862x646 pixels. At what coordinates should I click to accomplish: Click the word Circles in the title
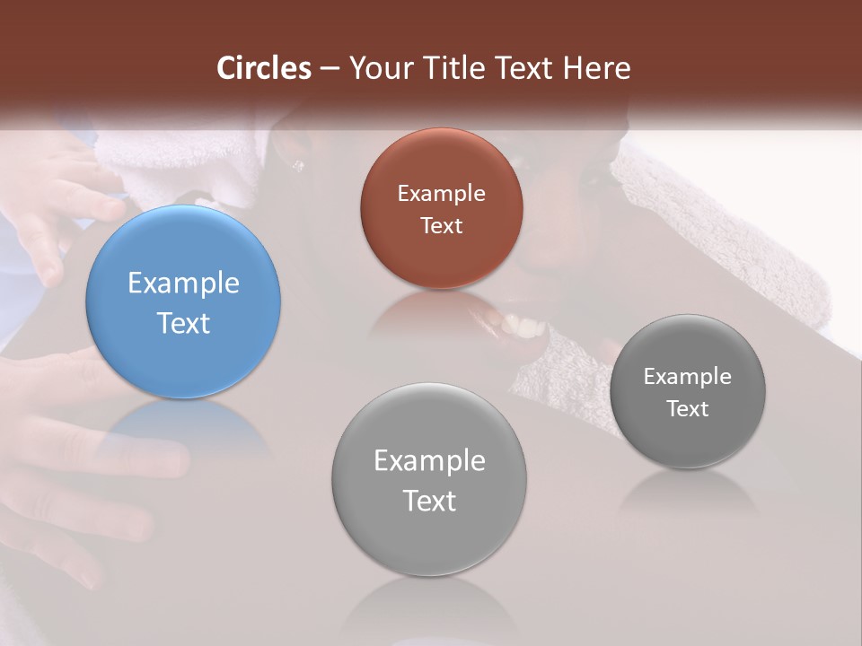pyautogui.click(x=264, y=68)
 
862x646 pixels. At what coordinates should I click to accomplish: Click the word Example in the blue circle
pyautogui.click(x=183, y=283)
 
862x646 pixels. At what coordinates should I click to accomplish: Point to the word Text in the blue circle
pyautogui.click(x=183, y=323)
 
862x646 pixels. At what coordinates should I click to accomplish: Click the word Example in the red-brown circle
pyautogui.click(x=441, y=193)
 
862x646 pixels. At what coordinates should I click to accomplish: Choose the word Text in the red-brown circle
pyautogui.click(x=441, y=225)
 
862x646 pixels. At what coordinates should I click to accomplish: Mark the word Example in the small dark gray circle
pyautogui.click(x=688, y=376)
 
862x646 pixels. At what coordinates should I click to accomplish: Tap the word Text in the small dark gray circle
pyautogui.click(x=688, y=408)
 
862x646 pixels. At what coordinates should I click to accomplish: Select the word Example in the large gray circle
pyautogui.click(x=429, y=460)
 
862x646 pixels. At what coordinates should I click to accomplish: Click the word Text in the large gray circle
pyautogui.click(x=429, y=501)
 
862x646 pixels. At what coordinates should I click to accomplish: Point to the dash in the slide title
pyautogui.click(x=329, y=69)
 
